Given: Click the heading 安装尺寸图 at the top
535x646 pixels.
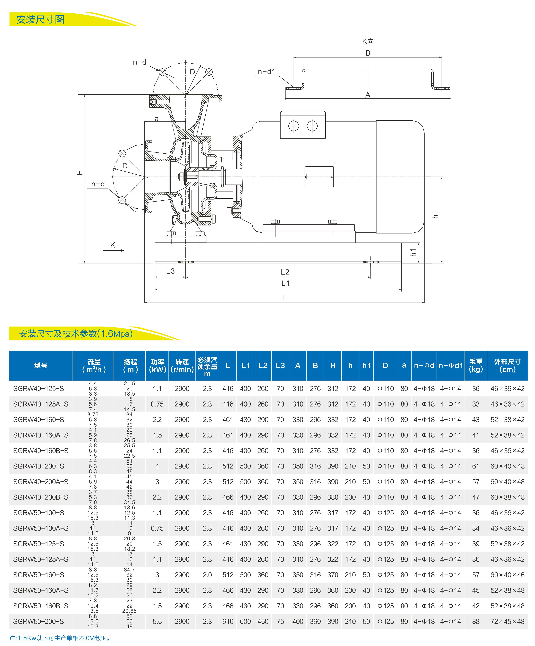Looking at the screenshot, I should pyautogui.click(x=40, y=20).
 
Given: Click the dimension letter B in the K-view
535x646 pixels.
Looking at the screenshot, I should pyautogui.click(x=368, y=53).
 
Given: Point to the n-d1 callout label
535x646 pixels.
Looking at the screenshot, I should pyautogui.click(x=266, y=72).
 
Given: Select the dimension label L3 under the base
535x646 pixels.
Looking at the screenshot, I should pyautogui.click(x=170, y=271).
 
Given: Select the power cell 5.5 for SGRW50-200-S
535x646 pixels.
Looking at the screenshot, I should pyautogui.click(x=157, y=621).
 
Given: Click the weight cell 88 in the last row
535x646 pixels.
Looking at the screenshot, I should pyautogui.click(x=476, y=621).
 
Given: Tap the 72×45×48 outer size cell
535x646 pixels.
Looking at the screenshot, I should pyautogui.click(x=507, y=621).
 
